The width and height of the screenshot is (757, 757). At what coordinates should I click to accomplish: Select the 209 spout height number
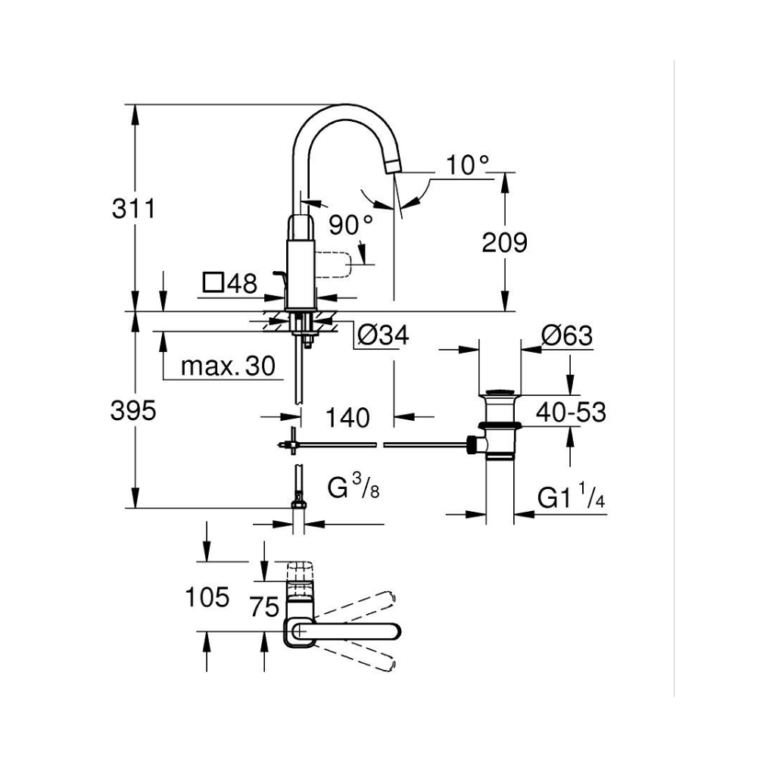pos(504,242)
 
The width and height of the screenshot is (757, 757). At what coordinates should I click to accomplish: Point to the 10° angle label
pos(467,164)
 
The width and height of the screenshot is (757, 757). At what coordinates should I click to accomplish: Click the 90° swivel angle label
pos(351,224)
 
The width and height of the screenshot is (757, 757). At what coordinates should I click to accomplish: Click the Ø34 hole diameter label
pos(383,335)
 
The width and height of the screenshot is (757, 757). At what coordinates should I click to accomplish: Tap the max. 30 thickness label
pos(226,367)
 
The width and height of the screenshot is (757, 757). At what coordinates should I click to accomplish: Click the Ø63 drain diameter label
pos(567,335)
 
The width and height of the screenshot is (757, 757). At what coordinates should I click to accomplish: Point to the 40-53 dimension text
pos(571,413)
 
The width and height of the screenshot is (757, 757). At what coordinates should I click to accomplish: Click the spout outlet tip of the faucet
pos(394,164)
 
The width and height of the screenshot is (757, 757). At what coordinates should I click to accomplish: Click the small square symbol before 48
pos(213,284)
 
